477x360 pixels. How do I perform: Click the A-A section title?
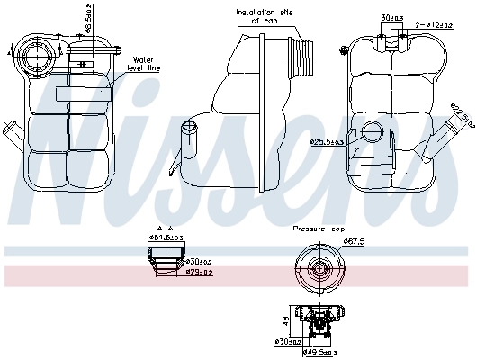(166, 228)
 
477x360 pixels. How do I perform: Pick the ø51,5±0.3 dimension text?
(166, 238)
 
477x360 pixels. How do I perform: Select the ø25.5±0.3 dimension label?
(328, 141)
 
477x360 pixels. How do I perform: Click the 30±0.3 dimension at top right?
(392, 18)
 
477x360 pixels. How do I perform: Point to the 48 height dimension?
(285, 319)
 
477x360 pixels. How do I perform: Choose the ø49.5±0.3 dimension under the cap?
(319, 352)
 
